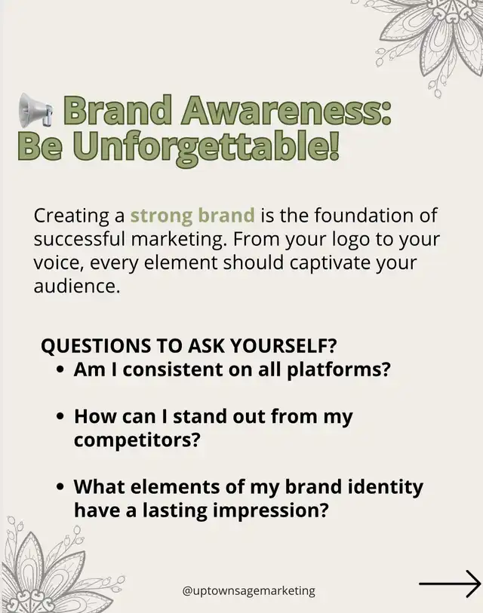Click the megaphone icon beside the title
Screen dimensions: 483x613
pos(35,110)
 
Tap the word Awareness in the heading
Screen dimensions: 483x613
pos(285,111)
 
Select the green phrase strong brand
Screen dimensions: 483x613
pos(192,216)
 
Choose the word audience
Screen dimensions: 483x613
pos(76,287)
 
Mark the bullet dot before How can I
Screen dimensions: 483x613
pos(60,417)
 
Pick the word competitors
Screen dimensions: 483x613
pos(137,440)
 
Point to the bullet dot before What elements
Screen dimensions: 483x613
pos(60,488)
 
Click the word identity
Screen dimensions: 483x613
pos(384,487)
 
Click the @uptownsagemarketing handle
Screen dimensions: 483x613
pos(248,590)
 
